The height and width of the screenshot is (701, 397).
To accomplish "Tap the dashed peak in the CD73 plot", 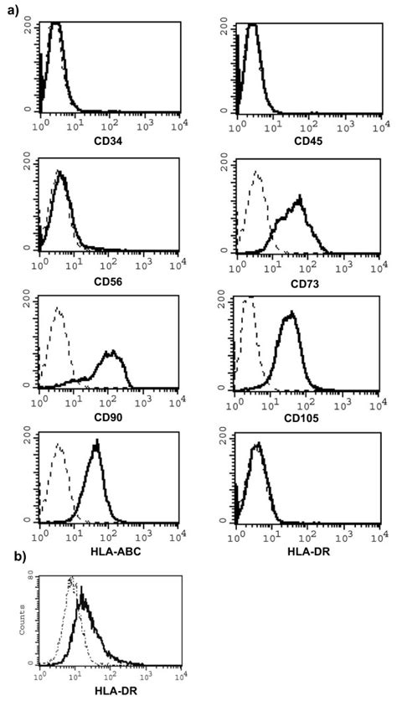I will (255, 173).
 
